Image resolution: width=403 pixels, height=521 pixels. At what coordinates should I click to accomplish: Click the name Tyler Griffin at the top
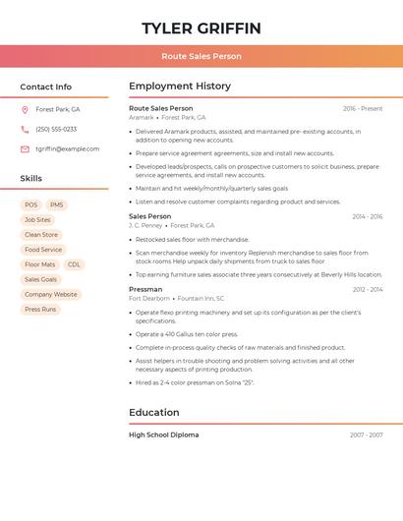point(201,28)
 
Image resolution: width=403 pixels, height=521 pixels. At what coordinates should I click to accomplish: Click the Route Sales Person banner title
point(201,56)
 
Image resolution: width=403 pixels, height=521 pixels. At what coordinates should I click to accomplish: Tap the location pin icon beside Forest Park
point(25,109)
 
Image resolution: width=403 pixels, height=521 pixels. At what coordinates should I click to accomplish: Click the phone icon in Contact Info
point(25,129)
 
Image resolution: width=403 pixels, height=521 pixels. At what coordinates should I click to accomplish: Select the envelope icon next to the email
point(25,149)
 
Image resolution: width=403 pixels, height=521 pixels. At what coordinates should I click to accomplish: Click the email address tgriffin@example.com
point(67,149)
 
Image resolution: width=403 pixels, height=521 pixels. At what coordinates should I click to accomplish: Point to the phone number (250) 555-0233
point(56,129)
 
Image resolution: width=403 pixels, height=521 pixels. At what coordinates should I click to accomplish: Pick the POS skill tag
point(30,204)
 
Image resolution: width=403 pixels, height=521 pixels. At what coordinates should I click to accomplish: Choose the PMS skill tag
point(56,204)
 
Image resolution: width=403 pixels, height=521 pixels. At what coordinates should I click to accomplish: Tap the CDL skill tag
point(74,264)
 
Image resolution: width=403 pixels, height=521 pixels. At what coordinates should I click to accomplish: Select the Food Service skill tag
point(43,250)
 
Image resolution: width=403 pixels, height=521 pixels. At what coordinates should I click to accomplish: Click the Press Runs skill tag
point(40,310)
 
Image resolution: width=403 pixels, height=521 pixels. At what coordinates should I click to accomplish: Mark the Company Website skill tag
point(50,295)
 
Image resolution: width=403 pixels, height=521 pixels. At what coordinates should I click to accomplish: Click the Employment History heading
point(180,87)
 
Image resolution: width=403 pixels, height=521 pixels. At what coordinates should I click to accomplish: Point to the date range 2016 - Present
point(363,109)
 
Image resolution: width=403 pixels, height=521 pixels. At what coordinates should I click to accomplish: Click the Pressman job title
point(145,290)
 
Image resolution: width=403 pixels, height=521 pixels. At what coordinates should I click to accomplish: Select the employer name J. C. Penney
point(145,225)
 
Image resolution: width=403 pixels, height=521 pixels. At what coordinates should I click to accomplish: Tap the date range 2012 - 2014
point(368,290)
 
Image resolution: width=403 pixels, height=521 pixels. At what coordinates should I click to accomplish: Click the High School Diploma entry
point(163,434)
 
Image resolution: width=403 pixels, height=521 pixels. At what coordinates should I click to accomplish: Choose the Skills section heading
point(31,179)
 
